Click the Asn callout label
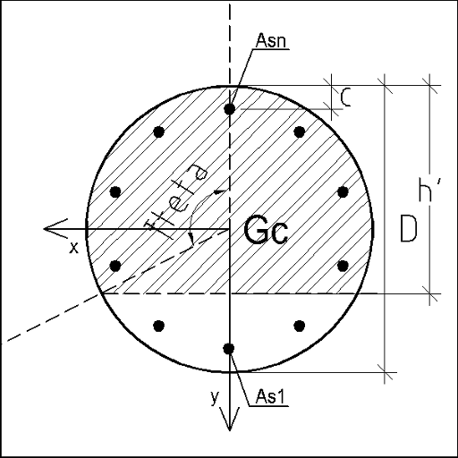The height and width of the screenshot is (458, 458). click(271, 40)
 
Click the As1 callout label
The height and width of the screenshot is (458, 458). click(270, 397)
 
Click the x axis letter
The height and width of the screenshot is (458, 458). click(73, 248)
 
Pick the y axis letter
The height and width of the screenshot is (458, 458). click(215, 398)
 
